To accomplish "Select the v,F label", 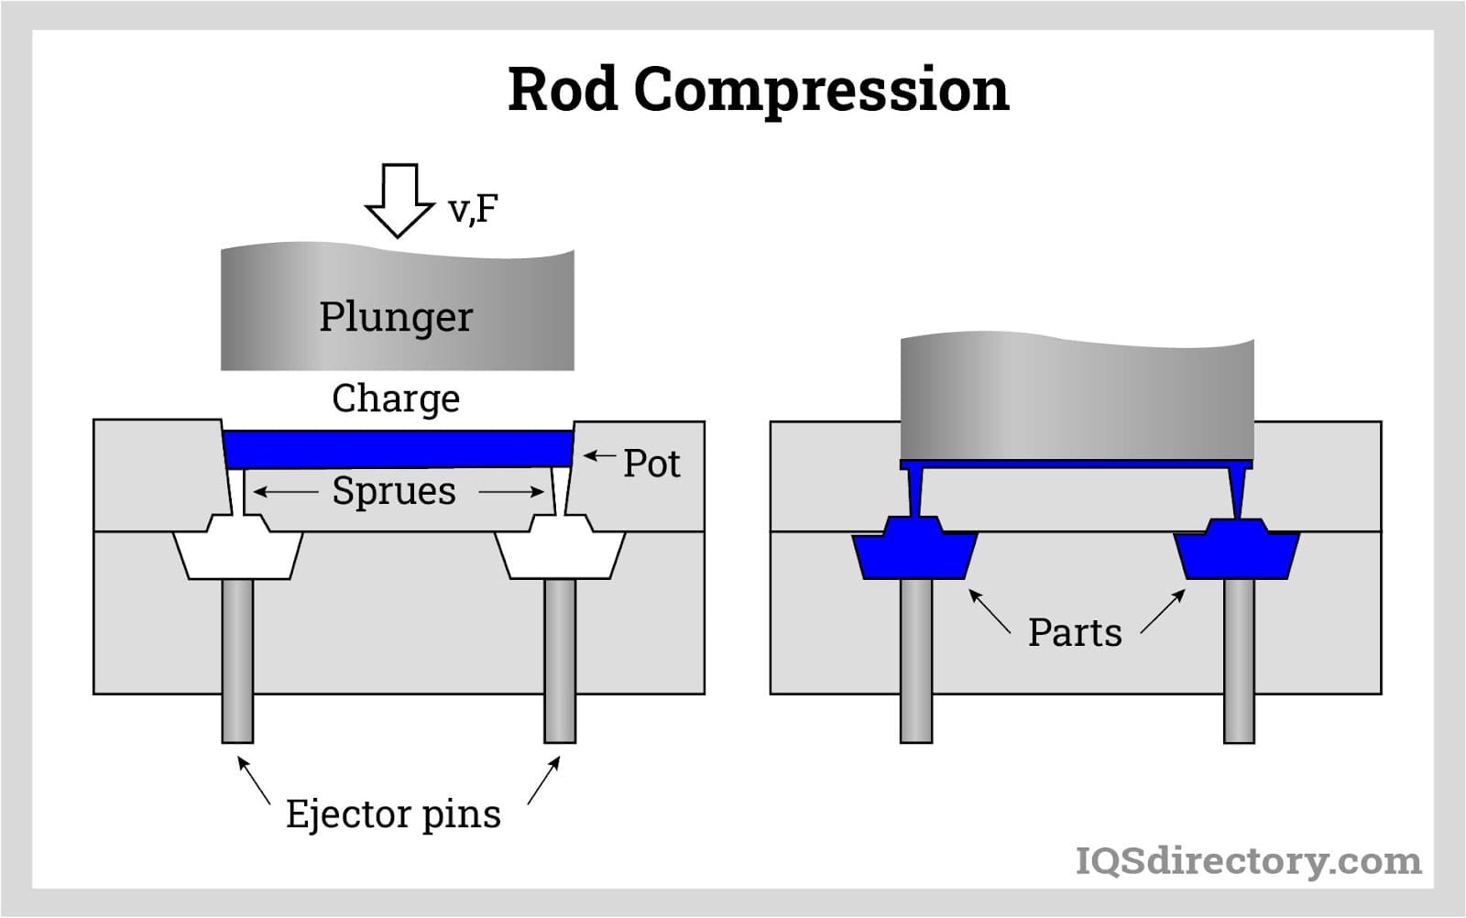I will pyautogui.click(x=473, y=209).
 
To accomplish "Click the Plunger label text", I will pyautogui.click(x=396, y=317).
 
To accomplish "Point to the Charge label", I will pyautogui.click(x=396, y=399).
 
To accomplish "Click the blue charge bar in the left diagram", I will pyautogui.click(x=398, y=449).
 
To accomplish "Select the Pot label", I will pyautogui.click(x=651, y=464).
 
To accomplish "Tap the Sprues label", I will pyautogui.click(x=394, y=491).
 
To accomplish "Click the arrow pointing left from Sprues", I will pyautogui.click(x=285, y=492).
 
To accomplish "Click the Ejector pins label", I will pyautogui.click(x=393, y=814).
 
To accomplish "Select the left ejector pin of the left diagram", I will pyautogui.click(x=237, y=660).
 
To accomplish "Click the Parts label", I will pyautogui.click(x=1075, y=633).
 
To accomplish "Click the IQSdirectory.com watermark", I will pyautogui.click(x=1248, y=861).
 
